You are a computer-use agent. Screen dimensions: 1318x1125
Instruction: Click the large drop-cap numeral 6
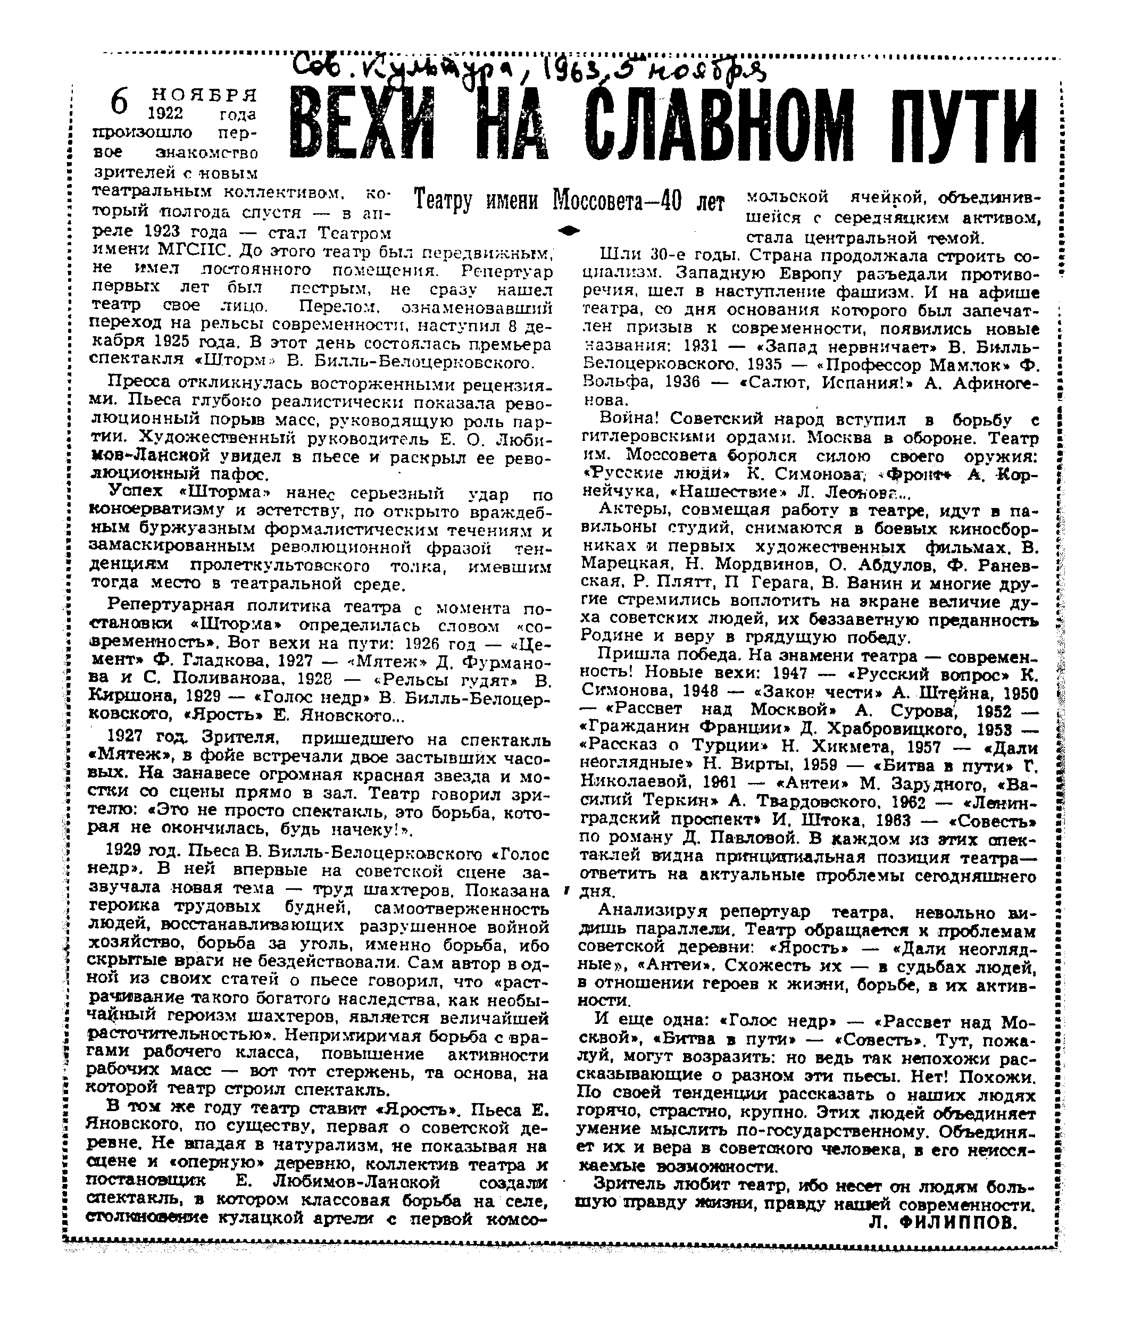pyautogui.click(x=119, y=101)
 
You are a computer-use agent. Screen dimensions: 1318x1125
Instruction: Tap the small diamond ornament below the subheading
pyautogui.click(x=571, y=230)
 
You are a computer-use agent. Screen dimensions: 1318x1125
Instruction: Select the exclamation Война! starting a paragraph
pyautogui.click(x=623, y=419)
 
